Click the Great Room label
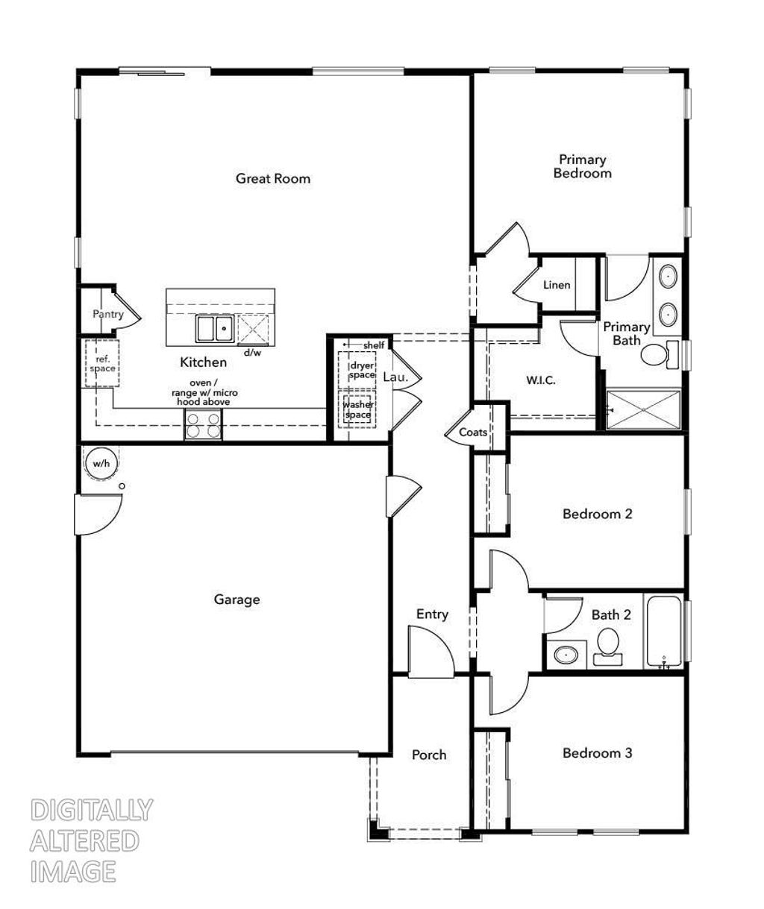273,178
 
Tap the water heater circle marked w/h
101,463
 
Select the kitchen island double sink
214,328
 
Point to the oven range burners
203,425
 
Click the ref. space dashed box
102,363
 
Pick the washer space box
357,409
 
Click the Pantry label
108,314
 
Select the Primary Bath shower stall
643,409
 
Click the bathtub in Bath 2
663,632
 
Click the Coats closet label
473,433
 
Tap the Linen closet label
557,285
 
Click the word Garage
237,599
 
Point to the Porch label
429,755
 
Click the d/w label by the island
252,352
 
